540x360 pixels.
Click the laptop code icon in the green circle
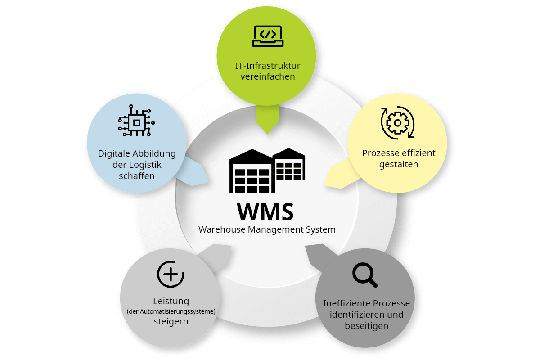click(x=268, y=36)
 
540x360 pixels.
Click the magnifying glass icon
click(x=364, y=275)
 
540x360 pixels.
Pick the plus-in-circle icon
click(x=171, y=274)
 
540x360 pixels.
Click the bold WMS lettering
click(x=265, y=211)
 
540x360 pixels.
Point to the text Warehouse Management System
click(x=267, y=229)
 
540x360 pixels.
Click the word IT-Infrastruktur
click(x=268, y=66)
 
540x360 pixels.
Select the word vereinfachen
click(x=268, y=76)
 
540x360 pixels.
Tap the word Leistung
click(x=171, y=301)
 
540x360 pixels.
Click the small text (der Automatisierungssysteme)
click(x=171, y=311)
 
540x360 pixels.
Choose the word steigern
click(x=171, y=322)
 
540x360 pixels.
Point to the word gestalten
click(x=399, y=164)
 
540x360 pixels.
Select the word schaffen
click(x=137, y=176)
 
